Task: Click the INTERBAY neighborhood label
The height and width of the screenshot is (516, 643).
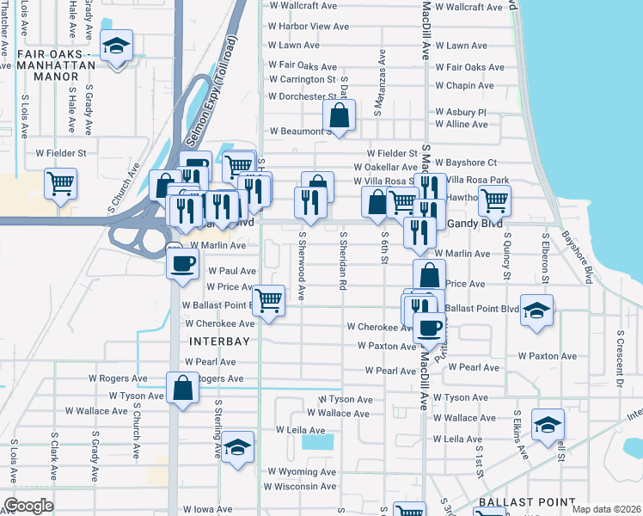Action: click(x=218, y=341)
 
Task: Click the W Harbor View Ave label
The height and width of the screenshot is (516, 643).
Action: click(x=309, y=27)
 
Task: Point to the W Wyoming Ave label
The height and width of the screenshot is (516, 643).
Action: click(x=301, y=472)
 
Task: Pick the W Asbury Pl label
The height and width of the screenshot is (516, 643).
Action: click(x=461, y=112)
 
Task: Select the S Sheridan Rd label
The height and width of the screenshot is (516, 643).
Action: click(x=342, y=263)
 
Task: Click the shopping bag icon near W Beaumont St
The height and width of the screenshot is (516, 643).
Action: click(x=340, y=115)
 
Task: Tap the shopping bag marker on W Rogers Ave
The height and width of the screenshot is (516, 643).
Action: click(x=184, y=387)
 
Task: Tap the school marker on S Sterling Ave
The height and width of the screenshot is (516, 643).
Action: click(x=237, y=447)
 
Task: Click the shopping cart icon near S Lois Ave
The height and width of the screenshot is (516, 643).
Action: click(x=60, y=182)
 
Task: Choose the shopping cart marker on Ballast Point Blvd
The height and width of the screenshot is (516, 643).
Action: click(x=269, y=301)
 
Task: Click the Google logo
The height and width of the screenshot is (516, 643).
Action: click(x=28, y=506)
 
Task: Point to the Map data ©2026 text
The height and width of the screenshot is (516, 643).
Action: click(x=606, y=509)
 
